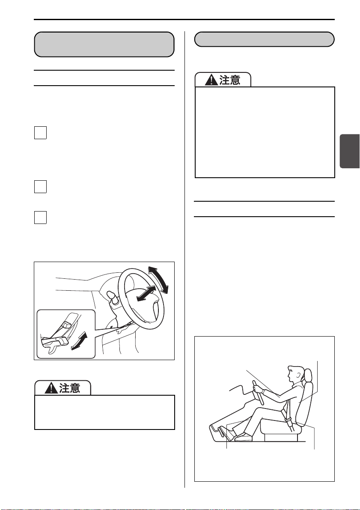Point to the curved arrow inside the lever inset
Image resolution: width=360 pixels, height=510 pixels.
[x=80, y=341]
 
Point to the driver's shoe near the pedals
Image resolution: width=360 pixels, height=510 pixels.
[x=243, y=438]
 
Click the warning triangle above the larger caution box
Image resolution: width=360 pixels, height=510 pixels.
[x=212, y=80]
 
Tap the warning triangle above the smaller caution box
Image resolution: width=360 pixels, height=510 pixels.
[x=51, y=388]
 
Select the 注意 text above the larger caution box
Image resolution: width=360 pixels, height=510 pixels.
[x=230, y=80]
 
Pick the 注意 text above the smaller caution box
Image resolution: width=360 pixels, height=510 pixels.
[x=70, y=388]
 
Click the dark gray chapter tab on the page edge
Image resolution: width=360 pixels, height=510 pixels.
[x=350, y=151]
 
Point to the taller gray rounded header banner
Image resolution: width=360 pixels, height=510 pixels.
[x=104, y=44]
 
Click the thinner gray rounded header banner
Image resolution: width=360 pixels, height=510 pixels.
[x=265, y=39]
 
